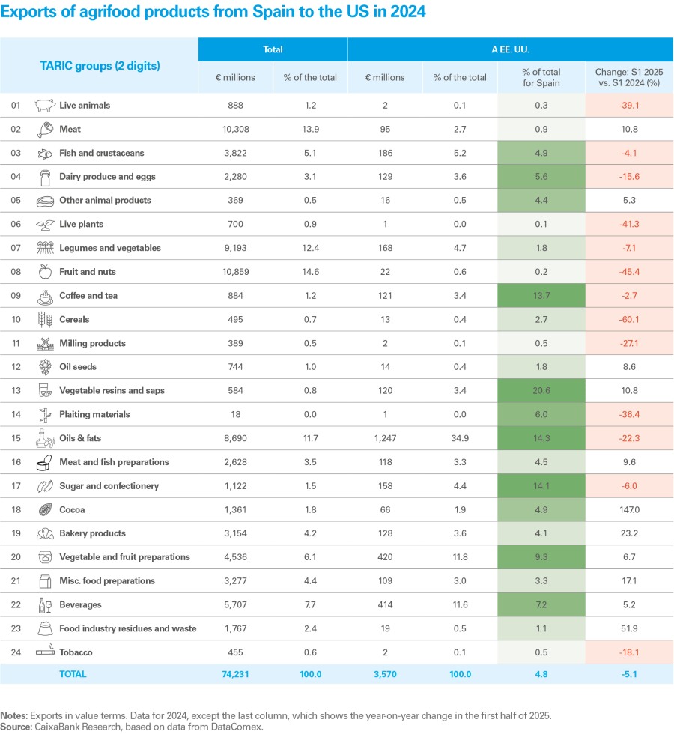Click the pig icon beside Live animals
point(46,105)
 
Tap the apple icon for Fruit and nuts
point(46,272)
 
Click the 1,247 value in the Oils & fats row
point(385,438)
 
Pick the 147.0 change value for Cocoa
point(629,510)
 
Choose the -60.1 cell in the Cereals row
point(629,320)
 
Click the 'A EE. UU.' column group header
point(510,49)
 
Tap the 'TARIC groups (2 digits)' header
point(100,66)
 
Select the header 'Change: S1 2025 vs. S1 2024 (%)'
point(629,77)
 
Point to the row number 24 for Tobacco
point(16,652)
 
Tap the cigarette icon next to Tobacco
point(46,652)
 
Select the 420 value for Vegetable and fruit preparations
point(385,557)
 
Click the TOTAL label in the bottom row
point(73,674)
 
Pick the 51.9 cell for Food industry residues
point(629,628)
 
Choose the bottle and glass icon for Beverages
point(46,604)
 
